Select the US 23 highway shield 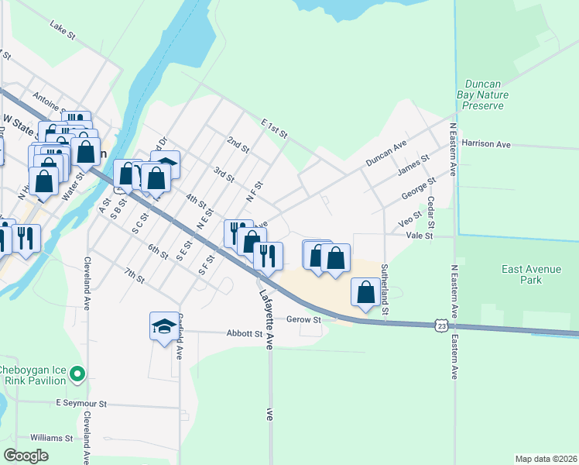(x=439, y=325)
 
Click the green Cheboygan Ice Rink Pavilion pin (x=77, y=375)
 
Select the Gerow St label (x=303, y=319)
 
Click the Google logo (x=26, y=456)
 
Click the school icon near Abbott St (x=164, y=325)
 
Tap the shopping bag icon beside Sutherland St (x=366, y=292)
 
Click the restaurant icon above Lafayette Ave (x=268, y=255)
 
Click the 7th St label (x=135, y=276)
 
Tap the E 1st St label (x=275, y=129)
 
